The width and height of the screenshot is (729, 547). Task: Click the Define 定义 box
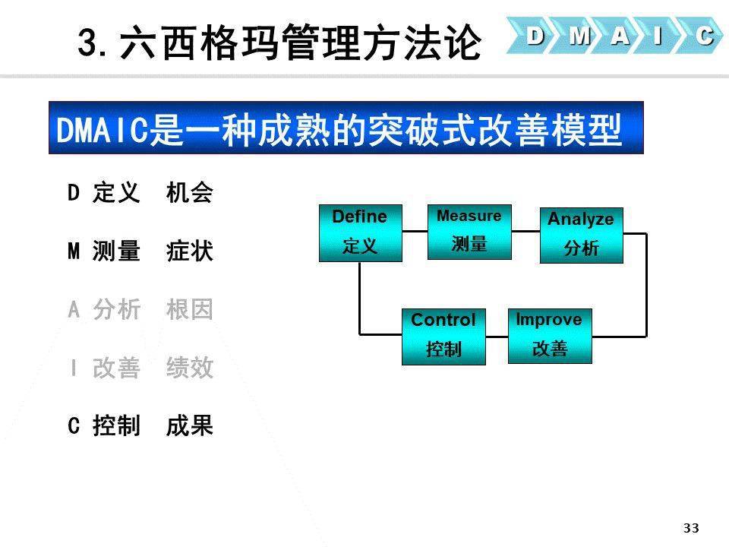(x=360, y=233)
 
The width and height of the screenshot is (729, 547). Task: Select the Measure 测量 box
(x=469, y=232)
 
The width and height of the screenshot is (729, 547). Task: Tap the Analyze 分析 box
(x=581, y=236)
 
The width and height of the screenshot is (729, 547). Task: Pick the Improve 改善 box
(x=550, y=336)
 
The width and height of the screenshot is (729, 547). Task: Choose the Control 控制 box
(x=443, y=337)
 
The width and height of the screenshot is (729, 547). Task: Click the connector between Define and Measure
(x=415, y=231)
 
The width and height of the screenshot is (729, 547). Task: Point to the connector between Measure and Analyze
(x=525, y=231)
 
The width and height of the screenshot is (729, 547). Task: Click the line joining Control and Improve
(x=497, y=336)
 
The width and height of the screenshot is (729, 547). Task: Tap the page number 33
(x=691, y=528)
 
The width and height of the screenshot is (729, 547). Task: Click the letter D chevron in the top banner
(x=533, y=36)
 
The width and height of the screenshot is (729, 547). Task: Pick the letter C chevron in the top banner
(x=702, y=36)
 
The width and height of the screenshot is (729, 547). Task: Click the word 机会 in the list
(x=189, y=192)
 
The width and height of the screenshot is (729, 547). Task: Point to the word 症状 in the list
(x=189, y=251)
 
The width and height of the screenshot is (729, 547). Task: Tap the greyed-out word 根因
(x=189, y=309)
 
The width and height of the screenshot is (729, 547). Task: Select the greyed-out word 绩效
(x=189, y=368)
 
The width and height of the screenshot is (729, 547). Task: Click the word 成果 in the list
(x=189, y=425)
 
